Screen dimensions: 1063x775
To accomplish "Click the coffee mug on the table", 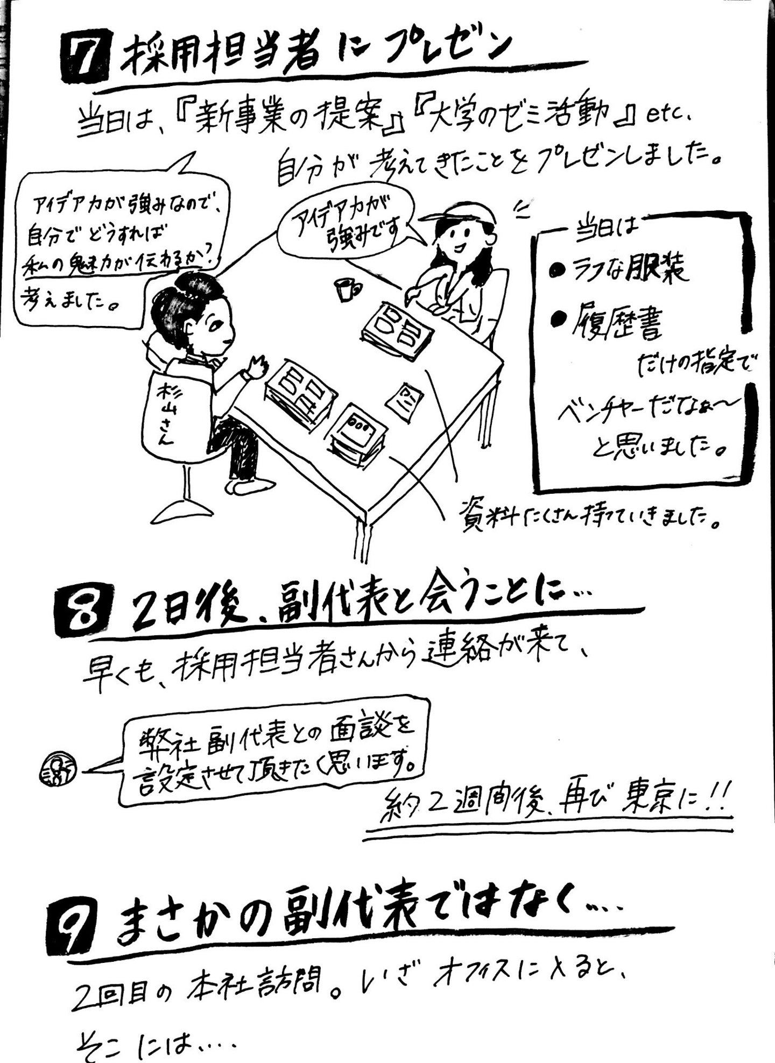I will (344, 289).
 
